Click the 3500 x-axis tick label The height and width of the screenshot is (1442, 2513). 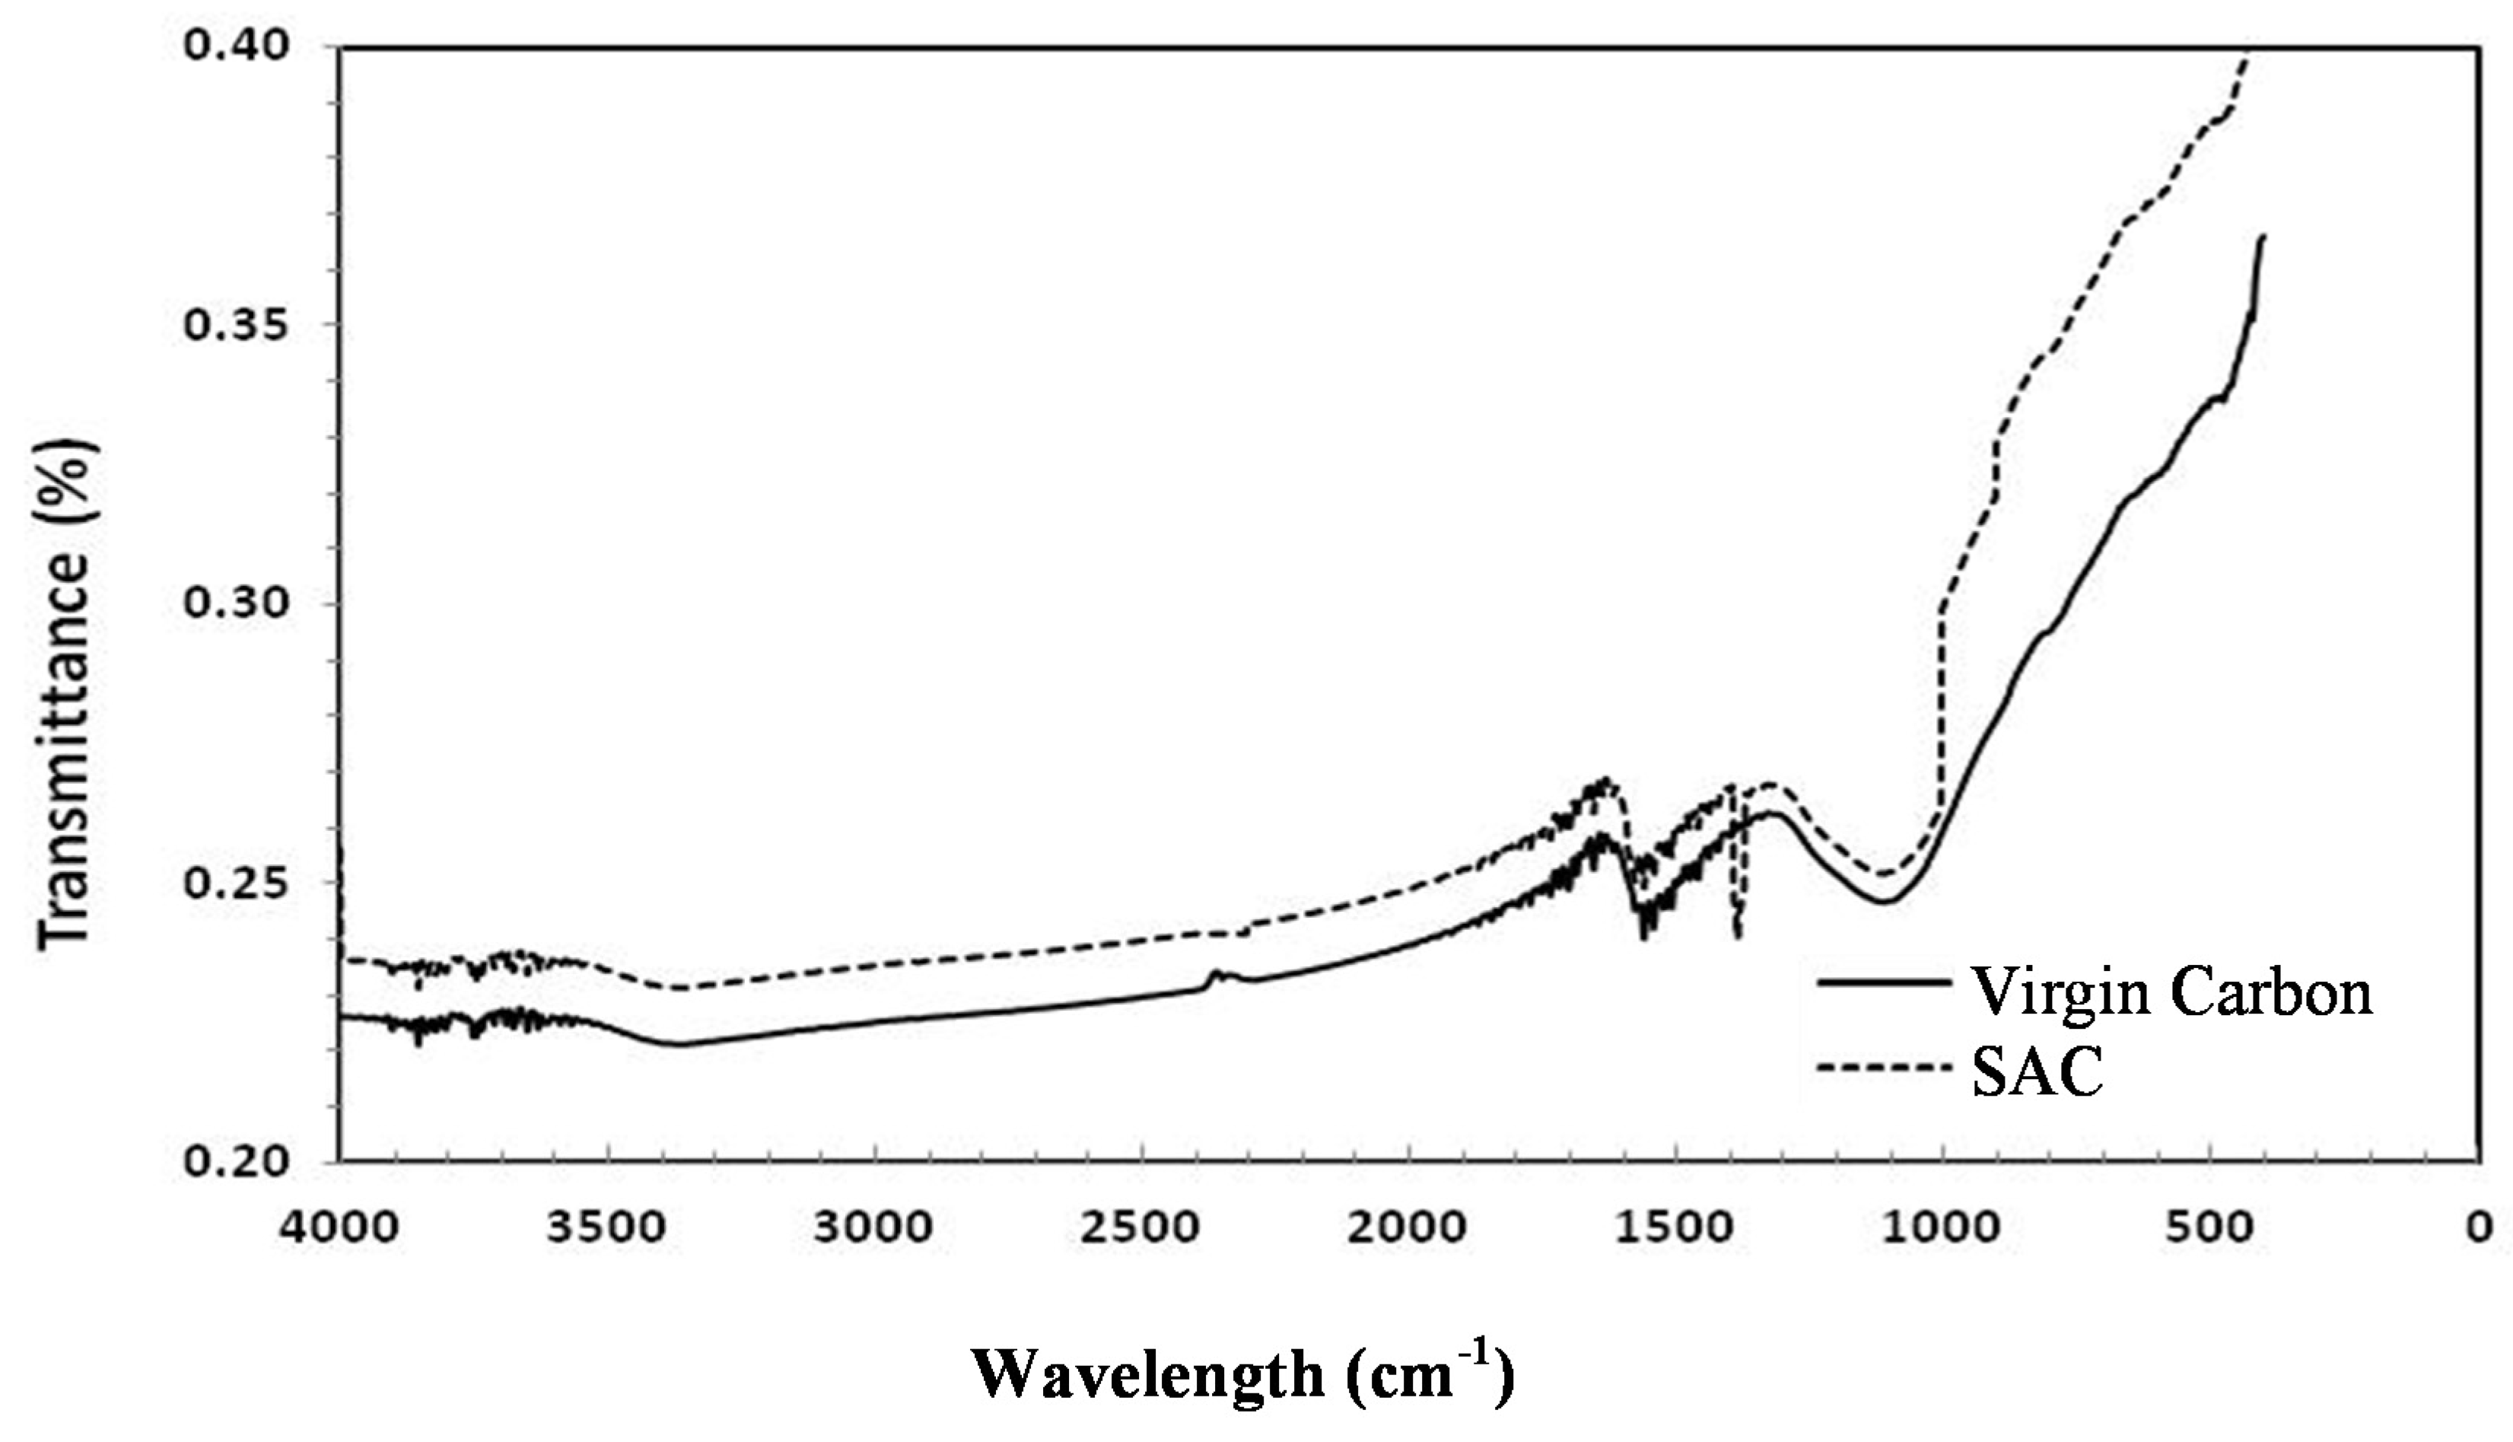click(x=607, y=1227)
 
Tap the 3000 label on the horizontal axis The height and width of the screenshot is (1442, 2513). click(x=874, y=1227)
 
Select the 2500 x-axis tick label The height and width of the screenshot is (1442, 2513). click(x=1142, y=1227)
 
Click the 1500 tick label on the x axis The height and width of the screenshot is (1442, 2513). click(x=1675, y=1227)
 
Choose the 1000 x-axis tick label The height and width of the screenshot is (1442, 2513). click(x=1942, y=1227)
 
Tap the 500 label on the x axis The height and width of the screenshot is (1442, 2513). click(x=2210, y=1227)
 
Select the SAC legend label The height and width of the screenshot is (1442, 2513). click(x=2037, y=1074)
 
